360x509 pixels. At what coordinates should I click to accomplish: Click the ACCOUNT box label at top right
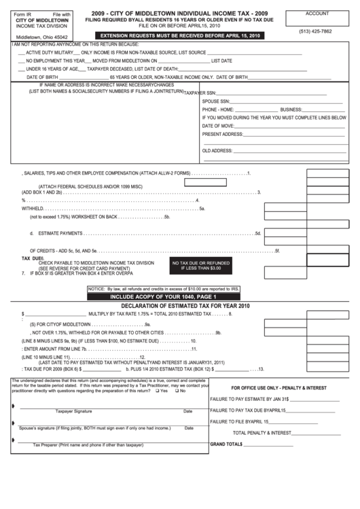(x=317, y=14)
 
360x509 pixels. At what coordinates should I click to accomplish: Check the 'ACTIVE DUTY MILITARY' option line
(x=48, y=52)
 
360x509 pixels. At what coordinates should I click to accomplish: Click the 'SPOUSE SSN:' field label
(x=215, y=101)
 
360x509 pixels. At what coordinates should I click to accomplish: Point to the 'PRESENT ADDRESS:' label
(x=222, y=134)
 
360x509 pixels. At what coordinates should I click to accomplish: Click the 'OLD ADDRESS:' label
(x=217, y=150)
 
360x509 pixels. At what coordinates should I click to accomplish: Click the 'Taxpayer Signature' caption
(x=73, y=411)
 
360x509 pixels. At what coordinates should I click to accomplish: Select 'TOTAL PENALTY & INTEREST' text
(x=262, y=432)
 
